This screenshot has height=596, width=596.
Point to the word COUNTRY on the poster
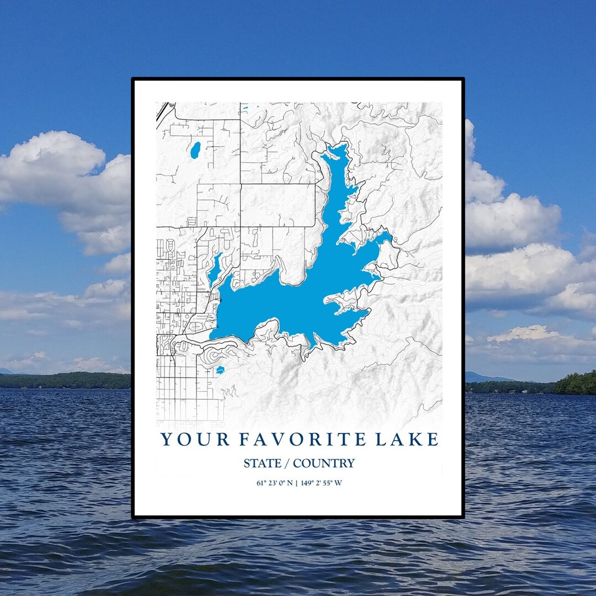[324, 464]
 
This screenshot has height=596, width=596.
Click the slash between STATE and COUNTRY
[289, 464]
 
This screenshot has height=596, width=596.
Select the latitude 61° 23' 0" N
[274, 483]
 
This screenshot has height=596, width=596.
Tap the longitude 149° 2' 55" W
[322, 483]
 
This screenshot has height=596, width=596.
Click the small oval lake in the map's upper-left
[195, 150]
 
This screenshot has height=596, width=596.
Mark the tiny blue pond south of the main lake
[220, 369]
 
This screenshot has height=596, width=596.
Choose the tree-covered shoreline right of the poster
[574, 383]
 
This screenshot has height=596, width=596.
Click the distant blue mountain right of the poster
[480, 378]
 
